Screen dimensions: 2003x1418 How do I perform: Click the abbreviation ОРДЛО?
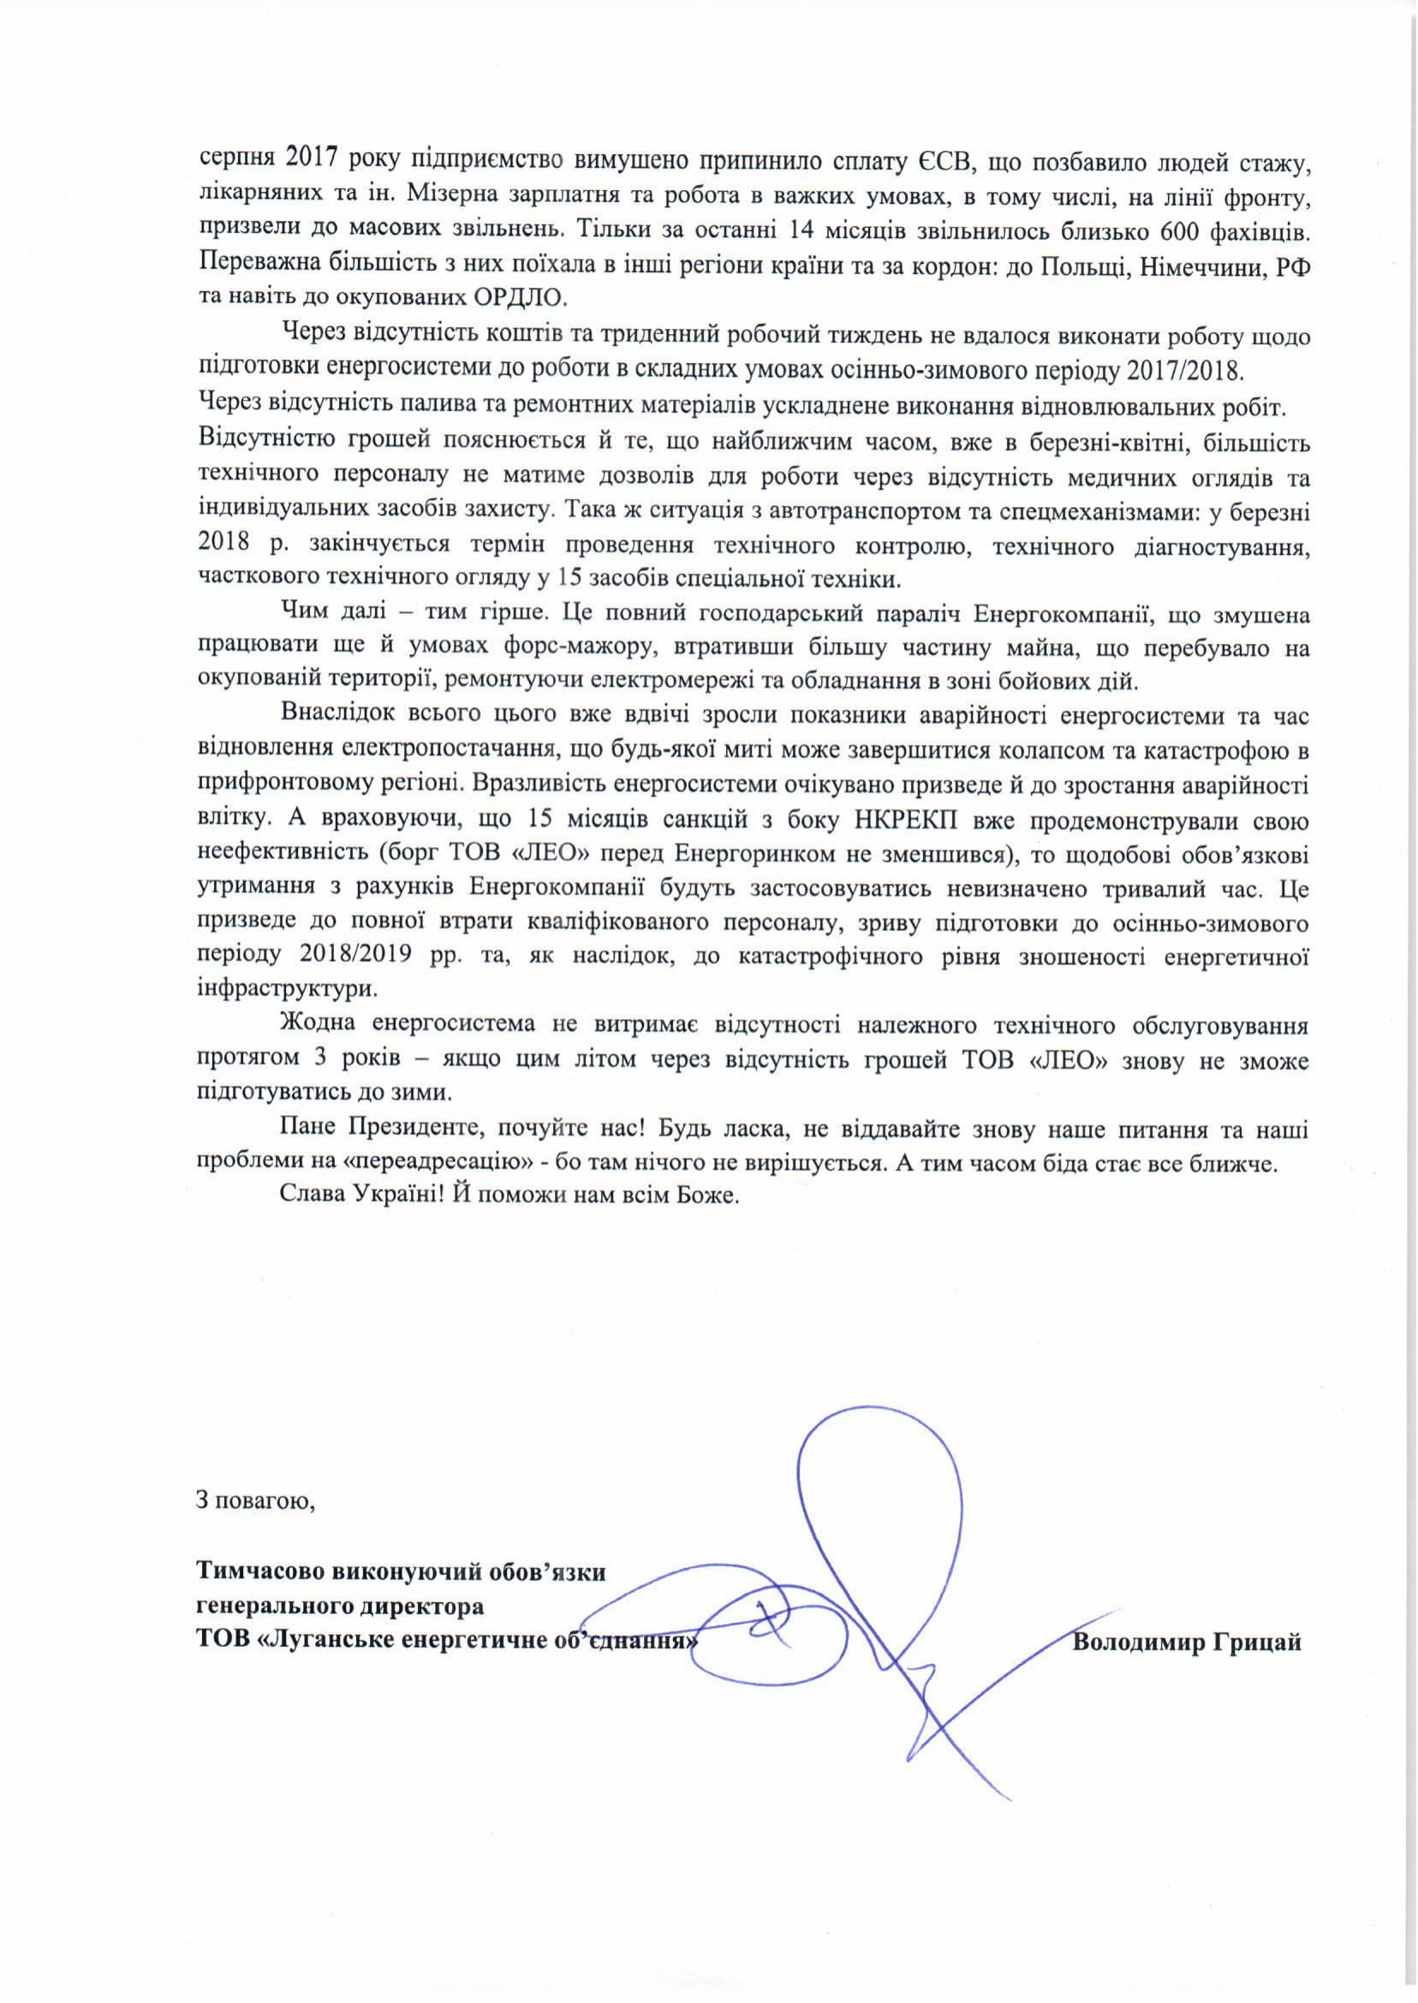pyautogui.click(x=519, y=299)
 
